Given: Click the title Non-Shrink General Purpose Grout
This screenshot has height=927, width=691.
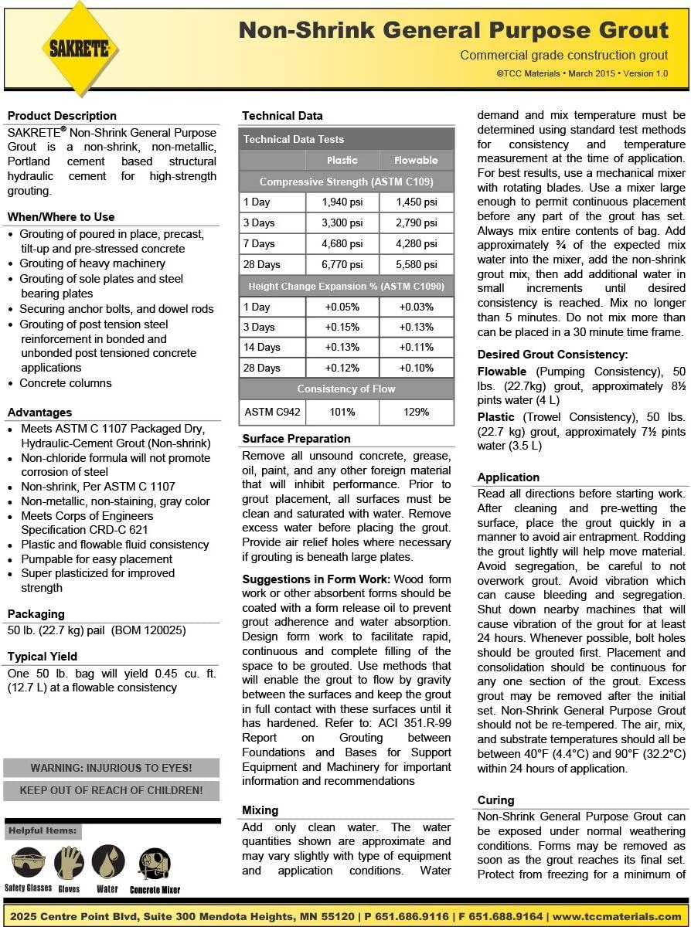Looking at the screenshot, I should [454, 30].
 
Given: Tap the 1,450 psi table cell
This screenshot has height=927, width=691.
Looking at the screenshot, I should [416, 202].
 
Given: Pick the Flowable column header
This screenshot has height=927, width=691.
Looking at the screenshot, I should [416, 160].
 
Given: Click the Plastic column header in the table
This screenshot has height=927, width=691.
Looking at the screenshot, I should [342, 160].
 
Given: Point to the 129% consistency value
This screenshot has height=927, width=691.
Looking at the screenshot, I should [416, 412].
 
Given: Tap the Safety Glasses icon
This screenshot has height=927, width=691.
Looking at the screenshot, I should [29, 863].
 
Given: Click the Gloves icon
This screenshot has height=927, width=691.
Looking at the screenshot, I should [69, 863].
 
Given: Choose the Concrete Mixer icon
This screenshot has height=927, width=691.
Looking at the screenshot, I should [155, 863].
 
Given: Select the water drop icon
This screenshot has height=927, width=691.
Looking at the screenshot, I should [108, 861].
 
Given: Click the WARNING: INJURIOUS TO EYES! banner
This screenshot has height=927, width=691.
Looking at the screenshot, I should [111, 768].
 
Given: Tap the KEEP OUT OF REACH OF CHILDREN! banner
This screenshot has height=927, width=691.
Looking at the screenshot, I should [111, 790].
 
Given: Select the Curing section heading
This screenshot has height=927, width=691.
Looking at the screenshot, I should [495, 800].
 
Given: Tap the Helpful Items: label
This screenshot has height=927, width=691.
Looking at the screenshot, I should [43, 831].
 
